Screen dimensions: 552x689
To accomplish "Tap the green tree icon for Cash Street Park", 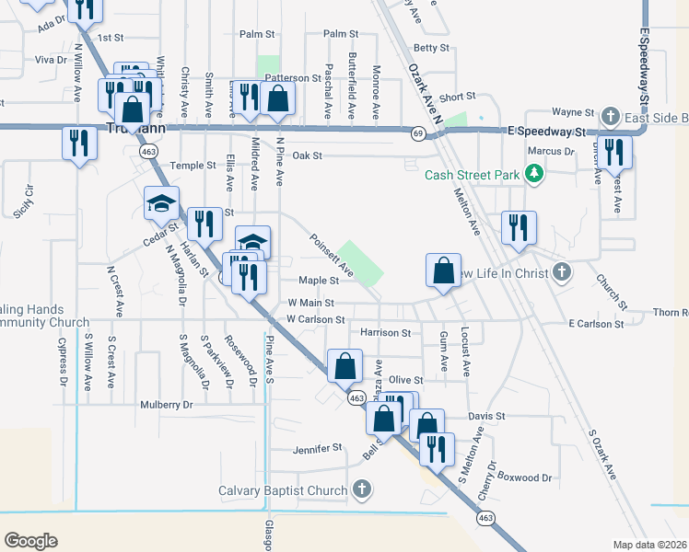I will click(x=532, y=173).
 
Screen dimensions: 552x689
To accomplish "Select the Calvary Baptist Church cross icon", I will click(x=362, y=489).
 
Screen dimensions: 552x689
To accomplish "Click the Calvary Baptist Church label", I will click(x=283, y=490).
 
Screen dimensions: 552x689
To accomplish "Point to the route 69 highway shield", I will click(x=418, y=134).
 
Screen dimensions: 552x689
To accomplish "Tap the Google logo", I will click(x=30, y=541).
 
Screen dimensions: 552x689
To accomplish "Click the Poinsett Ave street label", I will click(x=332, y=255).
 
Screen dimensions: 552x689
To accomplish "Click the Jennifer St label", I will click(x=317, y=448).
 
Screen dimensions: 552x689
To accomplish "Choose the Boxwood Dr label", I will click(x=524, y=477).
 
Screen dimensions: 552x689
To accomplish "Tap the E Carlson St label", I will click(x=596, y=324).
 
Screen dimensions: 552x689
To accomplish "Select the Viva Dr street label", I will click(x=52, y=60).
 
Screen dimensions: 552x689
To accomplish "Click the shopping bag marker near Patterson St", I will click(x=277, y=98).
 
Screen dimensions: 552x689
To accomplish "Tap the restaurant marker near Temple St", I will click(x=79, y=143).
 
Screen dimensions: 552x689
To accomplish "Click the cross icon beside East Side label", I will click(x=610, y=117).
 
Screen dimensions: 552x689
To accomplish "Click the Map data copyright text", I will click(x=650, y=545).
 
